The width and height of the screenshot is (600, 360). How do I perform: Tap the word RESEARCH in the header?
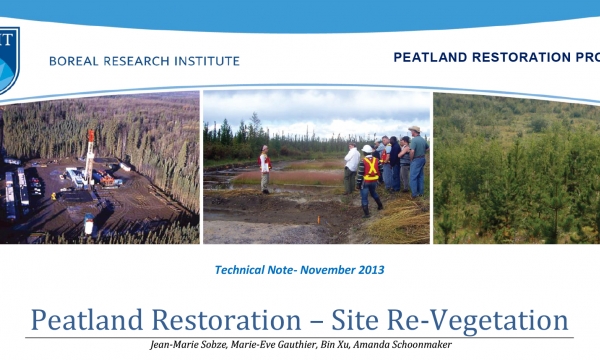140,61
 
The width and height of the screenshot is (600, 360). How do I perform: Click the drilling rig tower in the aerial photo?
90,155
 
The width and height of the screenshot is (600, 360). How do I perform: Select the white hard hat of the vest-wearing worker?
367,149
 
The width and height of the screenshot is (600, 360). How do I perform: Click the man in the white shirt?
352,165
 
